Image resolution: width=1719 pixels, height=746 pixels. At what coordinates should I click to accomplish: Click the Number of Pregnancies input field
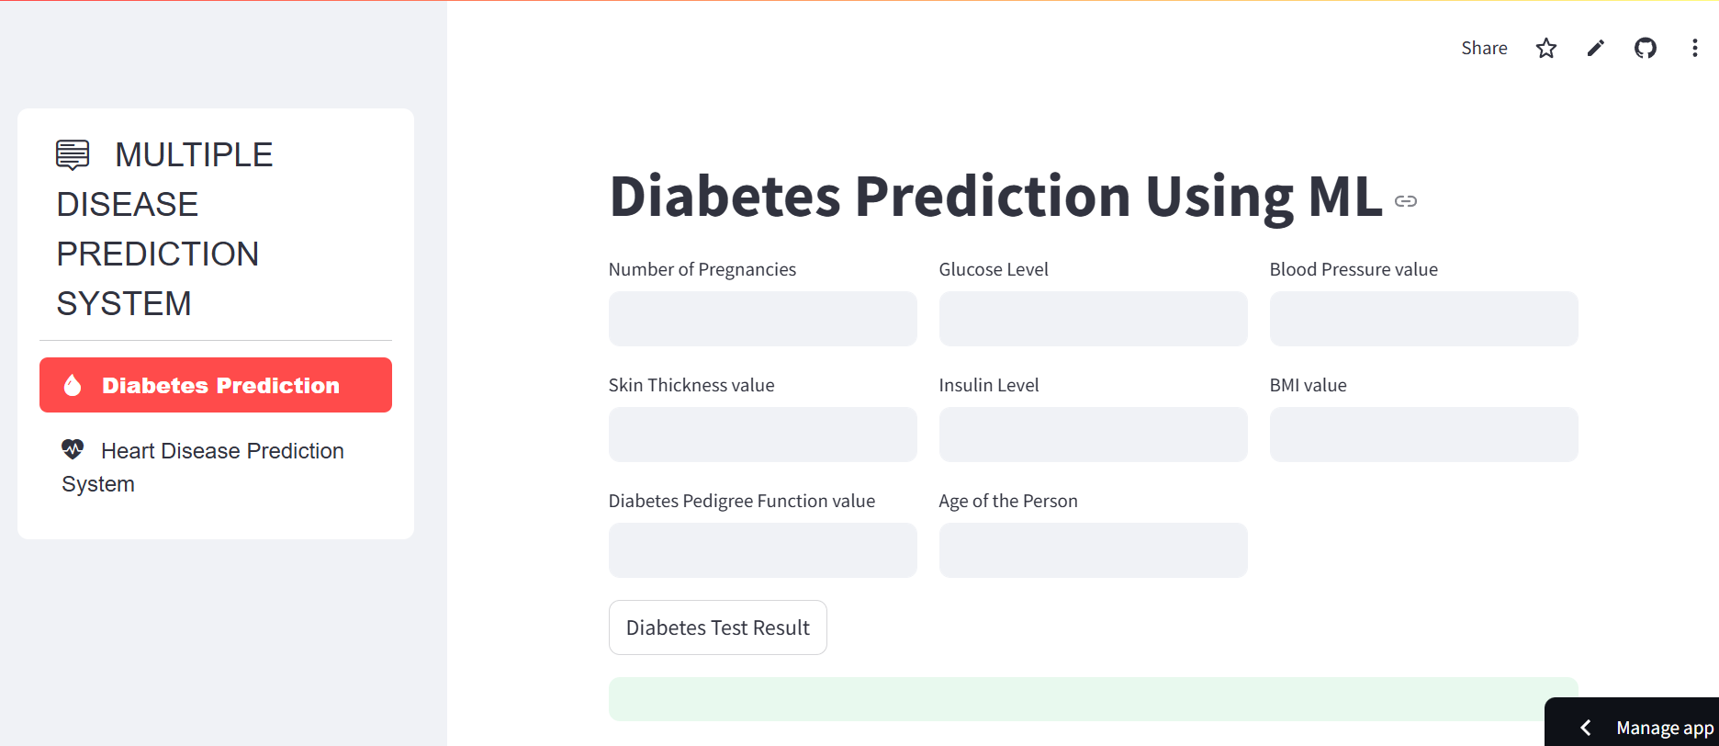762,319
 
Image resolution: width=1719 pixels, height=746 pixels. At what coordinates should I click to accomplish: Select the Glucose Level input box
1093,319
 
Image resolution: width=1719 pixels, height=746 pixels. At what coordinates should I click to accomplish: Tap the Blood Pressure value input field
1423,319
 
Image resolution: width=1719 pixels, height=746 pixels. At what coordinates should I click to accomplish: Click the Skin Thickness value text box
762,435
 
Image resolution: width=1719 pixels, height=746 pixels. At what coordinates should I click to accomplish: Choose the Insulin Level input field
1093,435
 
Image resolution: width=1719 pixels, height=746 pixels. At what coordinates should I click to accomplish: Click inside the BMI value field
1423,435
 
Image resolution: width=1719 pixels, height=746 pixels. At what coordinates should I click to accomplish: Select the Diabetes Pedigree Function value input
762,550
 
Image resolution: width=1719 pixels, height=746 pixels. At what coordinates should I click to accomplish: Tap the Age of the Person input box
1093,550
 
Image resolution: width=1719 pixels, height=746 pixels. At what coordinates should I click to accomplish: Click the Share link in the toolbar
1484,48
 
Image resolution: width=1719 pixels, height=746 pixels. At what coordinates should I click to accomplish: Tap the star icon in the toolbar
1546,48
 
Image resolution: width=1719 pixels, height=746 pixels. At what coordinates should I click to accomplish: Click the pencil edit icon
1596,48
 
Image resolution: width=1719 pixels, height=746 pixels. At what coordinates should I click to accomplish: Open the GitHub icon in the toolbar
1646,48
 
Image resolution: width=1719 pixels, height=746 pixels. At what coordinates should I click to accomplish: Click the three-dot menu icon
1695,48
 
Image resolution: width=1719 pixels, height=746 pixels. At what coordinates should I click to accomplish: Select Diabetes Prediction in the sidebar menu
216,385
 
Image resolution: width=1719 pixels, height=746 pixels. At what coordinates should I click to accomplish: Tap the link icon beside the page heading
1406,201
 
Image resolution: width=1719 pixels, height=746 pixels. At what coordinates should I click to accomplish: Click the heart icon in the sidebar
73,449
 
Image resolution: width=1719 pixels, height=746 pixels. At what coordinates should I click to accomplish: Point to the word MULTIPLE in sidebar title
194,154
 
